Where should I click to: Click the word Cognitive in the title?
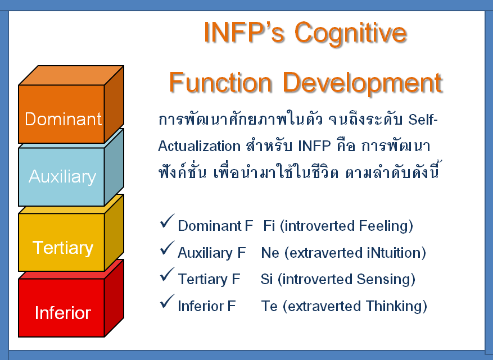[351, 34]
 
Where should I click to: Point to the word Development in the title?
[363, 83]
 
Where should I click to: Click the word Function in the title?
[220, 83]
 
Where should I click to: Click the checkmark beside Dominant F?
[167, 221]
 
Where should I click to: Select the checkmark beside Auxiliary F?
[167, 248]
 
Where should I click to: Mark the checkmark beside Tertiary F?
[167, 274]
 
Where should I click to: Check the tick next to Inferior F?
[167, 301]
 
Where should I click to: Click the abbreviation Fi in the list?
[269, 226]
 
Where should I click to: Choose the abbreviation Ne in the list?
[270, 253]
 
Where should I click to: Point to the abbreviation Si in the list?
[266, 279]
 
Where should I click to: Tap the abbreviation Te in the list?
[269, 306]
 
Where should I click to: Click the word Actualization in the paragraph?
[200, 146]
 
